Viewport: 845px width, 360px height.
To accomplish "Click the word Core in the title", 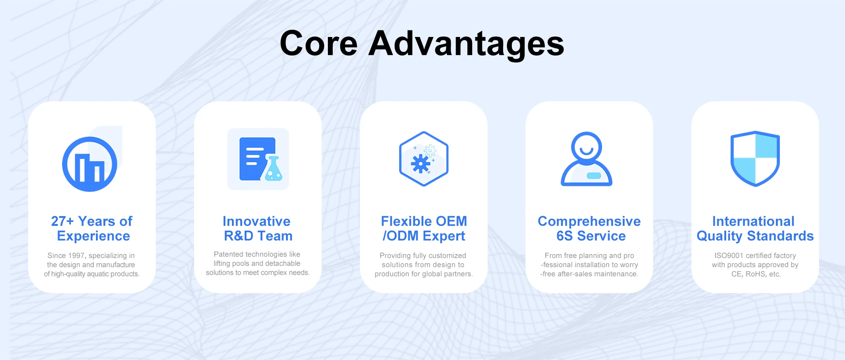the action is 319,43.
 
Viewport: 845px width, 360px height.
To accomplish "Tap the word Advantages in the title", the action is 467,44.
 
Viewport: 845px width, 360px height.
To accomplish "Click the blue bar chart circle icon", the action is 90,164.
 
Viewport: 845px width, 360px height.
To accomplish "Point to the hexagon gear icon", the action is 424,159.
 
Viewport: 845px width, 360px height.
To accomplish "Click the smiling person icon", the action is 586,159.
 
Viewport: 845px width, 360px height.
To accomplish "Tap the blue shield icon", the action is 755,158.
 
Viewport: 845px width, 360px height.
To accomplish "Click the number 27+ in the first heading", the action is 62,221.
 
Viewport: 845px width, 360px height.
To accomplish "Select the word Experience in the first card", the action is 93,236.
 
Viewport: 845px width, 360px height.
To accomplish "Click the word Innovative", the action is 257,221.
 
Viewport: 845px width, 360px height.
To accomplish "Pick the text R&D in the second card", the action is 239,236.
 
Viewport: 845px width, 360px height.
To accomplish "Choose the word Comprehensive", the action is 589,221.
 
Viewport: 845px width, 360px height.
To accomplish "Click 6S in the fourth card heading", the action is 565,236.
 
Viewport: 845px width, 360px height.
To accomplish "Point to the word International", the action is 753,221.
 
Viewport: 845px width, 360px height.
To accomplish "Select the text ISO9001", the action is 729,256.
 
